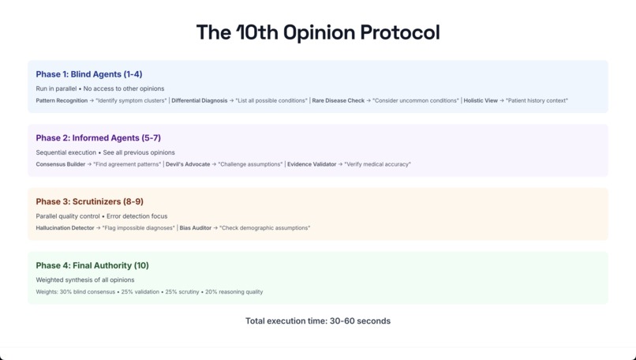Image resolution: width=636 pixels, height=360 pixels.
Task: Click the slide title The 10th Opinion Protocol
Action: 318,32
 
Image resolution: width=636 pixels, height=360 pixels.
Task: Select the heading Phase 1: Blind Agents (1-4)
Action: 89,74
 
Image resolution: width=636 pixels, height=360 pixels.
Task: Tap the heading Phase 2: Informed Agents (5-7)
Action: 98,138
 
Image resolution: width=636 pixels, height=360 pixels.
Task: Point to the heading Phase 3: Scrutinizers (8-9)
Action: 89,202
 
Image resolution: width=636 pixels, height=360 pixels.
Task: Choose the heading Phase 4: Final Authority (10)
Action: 92,266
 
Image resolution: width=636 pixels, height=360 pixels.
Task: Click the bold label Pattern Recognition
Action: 62,101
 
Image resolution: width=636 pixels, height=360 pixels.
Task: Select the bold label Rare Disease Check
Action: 339,101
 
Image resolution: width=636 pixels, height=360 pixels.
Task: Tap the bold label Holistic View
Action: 481,101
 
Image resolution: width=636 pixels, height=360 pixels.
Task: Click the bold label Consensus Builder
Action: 61,165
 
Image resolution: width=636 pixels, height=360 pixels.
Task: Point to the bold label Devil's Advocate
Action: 188,165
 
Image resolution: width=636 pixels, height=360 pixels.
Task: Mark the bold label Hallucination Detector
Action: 65,228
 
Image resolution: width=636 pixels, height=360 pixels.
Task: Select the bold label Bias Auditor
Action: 195,228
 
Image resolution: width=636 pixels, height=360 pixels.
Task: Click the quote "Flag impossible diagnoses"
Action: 138,228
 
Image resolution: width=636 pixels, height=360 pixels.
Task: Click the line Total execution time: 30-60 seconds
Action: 318,321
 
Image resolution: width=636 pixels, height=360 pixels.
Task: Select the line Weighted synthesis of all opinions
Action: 85,280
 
